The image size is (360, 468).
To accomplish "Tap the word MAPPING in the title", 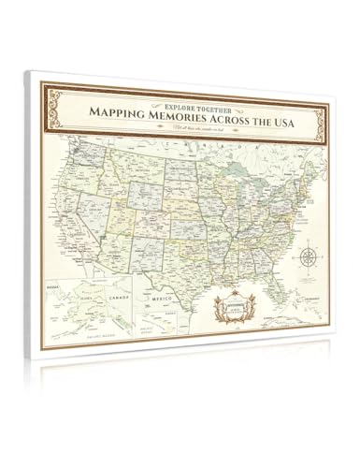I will [119, 111].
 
